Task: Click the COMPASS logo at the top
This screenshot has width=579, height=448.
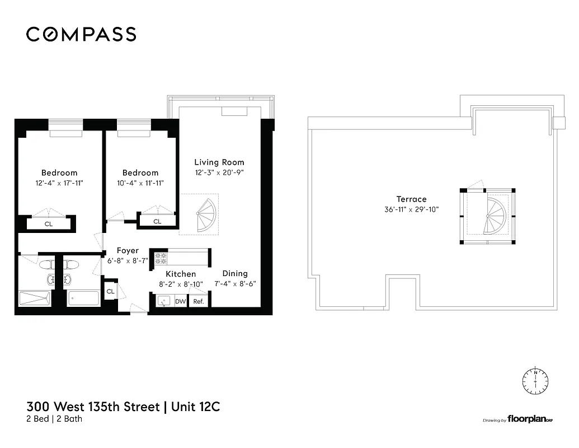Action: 81,35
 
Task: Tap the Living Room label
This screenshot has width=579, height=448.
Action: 219,162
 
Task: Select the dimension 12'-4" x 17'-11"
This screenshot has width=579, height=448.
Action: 59,183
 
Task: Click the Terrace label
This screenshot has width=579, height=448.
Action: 411,199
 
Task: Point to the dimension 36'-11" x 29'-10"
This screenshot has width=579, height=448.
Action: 411,209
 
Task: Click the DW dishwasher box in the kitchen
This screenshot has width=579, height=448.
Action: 180,301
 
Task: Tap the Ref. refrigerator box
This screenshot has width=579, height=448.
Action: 198,301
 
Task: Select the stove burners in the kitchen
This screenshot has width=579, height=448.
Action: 161,259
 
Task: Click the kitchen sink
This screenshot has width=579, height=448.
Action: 163,301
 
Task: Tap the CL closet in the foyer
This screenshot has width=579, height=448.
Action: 110,291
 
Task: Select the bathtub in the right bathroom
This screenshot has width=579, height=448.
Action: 83,298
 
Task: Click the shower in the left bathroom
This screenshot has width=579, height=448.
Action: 35,298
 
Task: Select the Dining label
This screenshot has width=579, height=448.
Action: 235,273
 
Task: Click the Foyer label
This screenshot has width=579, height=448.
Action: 128,251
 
